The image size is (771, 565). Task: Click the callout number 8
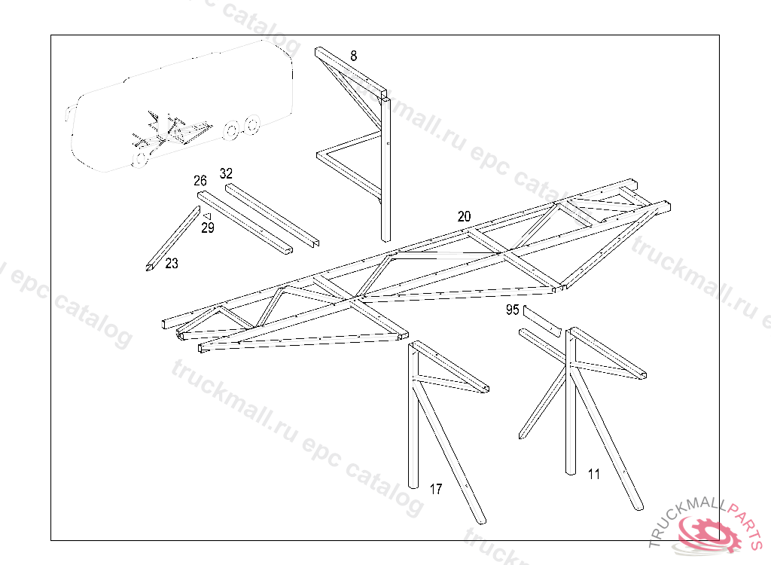coord(354,55)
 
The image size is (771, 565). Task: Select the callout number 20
coord(464,216)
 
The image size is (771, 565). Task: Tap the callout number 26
coord(200,181)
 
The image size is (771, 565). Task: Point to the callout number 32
coord(226,173)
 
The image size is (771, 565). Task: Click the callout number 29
coord(208,228)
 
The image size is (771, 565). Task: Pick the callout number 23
coord(172,264)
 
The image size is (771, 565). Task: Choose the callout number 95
coord(513,310)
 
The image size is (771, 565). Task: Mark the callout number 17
coord(436,489)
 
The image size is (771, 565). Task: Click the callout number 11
coord(594,474)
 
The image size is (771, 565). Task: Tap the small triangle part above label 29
coord(205,216)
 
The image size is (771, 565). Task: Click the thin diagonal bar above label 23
coord(173,234)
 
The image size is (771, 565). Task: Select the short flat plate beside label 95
coord(542,320)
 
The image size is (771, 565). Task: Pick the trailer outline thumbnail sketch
coord(181,105)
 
